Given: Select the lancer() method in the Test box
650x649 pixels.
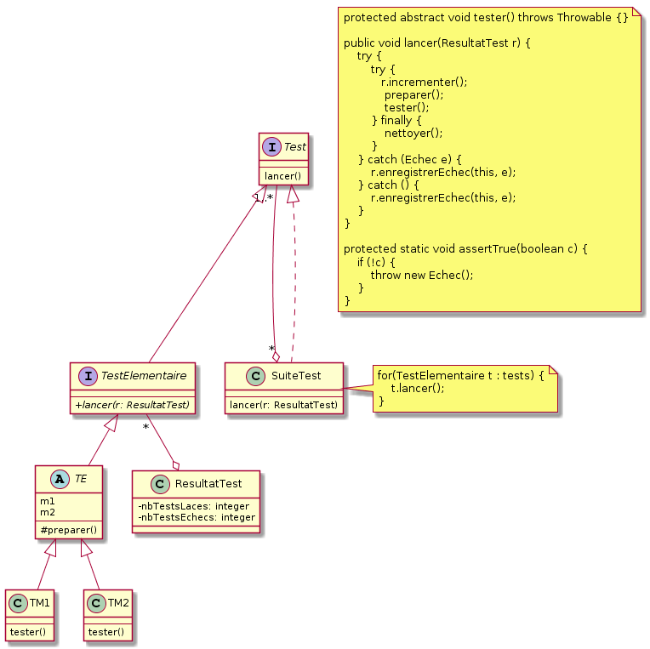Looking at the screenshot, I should [283, 175].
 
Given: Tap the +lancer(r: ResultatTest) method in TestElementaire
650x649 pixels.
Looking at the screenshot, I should [133, 403].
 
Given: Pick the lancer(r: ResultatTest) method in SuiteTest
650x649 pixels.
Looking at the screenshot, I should [283, 403].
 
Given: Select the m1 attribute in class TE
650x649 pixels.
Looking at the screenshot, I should [48, 501].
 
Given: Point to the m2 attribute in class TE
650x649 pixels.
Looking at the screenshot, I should [48, 512].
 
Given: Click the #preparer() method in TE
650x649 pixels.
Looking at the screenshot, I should [69, 530].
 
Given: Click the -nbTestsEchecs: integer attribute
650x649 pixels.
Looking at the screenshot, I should [196, 517].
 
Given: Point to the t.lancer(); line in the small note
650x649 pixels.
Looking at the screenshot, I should [417, 387].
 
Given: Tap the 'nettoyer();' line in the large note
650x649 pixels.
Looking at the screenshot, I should [413, 133].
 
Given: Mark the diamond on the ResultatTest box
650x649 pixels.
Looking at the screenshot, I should [175, 464].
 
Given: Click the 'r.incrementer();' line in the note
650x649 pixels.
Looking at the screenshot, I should [424, 83].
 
